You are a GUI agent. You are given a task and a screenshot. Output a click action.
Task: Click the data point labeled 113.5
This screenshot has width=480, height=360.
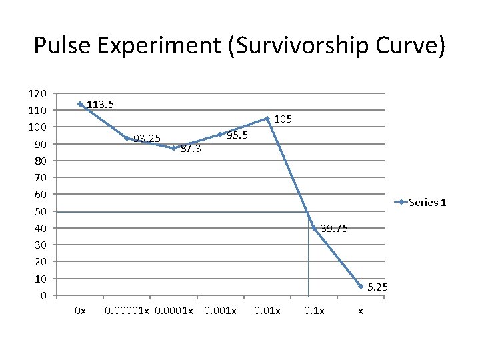[80, 104]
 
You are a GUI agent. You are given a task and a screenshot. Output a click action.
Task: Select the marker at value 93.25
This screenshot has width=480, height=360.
[127, 138]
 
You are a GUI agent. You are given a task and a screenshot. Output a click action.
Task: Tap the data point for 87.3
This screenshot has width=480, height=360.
[173, 148]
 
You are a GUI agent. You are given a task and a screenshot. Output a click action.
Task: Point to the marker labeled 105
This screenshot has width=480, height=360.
[267, 119]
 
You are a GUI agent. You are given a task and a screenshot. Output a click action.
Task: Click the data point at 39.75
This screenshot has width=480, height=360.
[314, 228]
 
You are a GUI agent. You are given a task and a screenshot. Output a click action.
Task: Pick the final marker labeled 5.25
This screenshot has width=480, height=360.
[361, 286]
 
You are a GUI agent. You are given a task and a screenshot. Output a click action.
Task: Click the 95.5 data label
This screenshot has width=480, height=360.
[237, 135]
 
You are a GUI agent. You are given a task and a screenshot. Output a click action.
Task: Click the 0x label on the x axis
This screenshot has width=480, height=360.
[80, 311]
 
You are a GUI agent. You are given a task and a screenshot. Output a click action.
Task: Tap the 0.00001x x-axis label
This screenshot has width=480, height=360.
[127, 311]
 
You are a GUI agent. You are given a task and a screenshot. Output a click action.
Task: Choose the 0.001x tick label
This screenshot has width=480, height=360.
[220, 311]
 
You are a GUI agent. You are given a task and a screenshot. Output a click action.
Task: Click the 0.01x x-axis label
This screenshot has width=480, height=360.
[267, 311]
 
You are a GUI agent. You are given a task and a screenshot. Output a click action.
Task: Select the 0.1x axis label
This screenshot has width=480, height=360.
[314, 311]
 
